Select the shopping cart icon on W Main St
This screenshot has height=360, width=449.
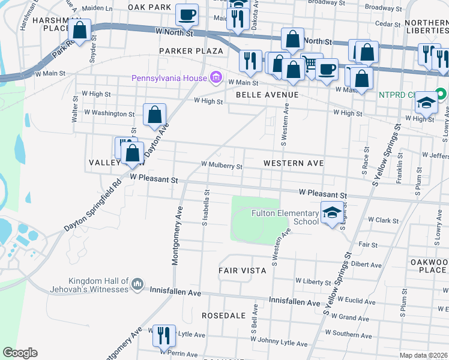[x=311, y=63]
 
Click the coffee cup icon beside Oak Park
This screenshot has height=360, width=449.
[x=187, y=14]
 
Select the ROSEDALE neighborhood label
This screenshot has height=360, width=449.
[x=223, y=315]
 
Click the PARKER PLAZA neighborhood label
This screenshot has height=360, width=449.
[x=191, y=52]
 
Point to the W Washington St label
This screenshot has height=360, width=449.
[x=109, y=113]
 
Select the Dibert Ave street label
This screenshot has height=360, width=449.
[x=366, y=264]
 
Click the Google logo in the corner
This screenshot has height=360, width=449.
[x=20, y=353]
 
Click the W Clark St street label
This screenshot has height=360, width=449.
[x=384, y=221]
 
